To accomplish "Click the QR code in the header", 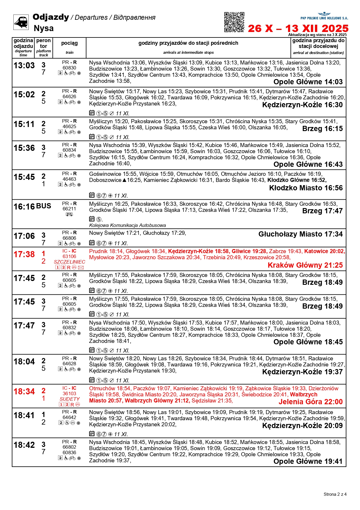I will [x=234, y=22].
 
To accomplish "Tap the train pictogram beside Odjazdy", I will [x=21, y=22].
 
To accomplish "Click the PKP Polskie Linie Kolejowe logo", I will [x=324, y=16].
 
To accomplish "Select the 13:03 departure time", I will [x=24, y=66].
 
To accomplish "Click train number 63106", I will [x=69, y=256].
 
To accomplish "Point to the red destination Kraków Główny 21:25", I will [x=305, y=265].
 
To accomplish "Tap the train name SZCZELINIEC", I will [x=69, y=262].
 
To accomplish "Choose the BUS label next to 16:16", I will [x=44, y=206].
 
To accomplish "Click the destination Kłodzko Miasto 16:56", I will [x=306, y=188].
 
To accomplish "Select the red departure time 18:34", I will [x=24, y=392].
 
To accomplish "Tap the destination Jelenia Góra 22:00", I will [x=310, y=402].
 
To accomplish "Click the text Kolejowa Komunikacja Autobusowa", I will [x=127, y=225].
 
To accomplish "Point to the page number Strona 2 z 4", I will [x=335, y=494].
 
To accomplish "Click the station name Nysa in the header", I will [x=44, y=28].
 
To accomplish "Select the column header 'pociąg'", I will [x=69, y=43].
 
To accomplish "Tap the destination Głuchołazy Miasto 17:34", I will [x=300, y=234].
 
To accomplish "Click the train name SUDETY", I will [x=69, y=399].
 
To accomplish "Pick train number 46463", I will [x=69, y=179].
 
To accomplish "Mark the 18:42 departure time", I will [x=24, y=445].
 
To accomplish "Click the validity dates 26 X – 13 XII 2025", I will [x=298, y=28].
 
